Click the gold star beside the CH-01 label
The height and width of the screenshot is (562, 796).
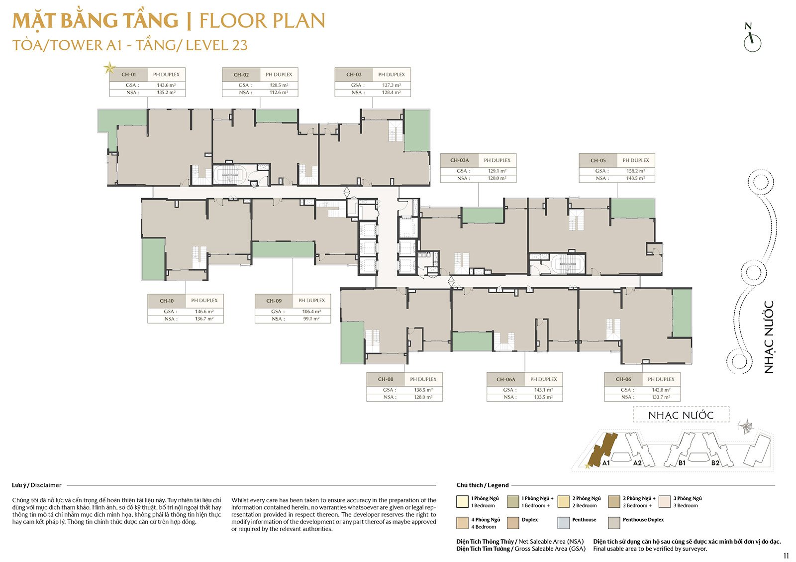click(x=109, y=68)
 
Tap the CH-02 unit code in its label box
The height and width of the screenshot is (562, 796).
click(x=241, y=75)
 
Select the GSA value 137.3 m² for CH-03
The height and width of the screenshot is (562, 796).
click(x=392, y=85)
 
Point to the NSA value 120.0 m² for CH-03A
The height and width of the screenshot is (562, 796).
click(x=497, y=178)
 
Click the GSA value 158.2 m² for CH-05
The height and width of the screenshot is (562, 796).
click(x=636, y=171)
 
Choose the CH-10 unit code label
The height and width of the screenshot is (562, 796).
click(x=166, y=301)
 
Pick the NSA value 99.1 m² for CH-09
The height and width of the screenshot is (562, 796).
click(x=311, y=319)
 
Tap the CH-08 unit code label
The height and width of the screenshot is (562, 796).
click(x=386, y=379)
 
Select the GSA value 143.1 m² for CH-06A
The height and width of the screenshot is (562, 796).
click(x=544, y=390)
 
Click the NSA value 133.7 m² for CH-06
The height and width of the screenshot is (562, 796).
click(x=661, y=397)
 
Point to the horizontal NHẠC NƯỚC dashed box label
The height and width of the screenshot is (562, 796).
click(x=681, y=415)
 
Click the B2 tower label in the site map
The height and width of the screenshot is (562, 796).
click(x=715, y=463)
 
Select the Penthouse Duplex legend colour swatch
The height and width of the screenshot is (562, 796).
click(x=614, y=523)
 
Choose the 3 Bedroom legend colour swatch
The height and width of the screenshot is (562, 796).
click(x=665, y=502)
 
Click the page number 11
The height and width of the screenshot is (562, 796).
click(x=786, y=556)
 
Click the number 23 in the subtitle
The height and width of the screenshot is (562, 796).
click(x=240, y=45)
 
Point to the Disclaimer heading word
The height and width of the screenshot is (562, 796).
click(x=46, y=485)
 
